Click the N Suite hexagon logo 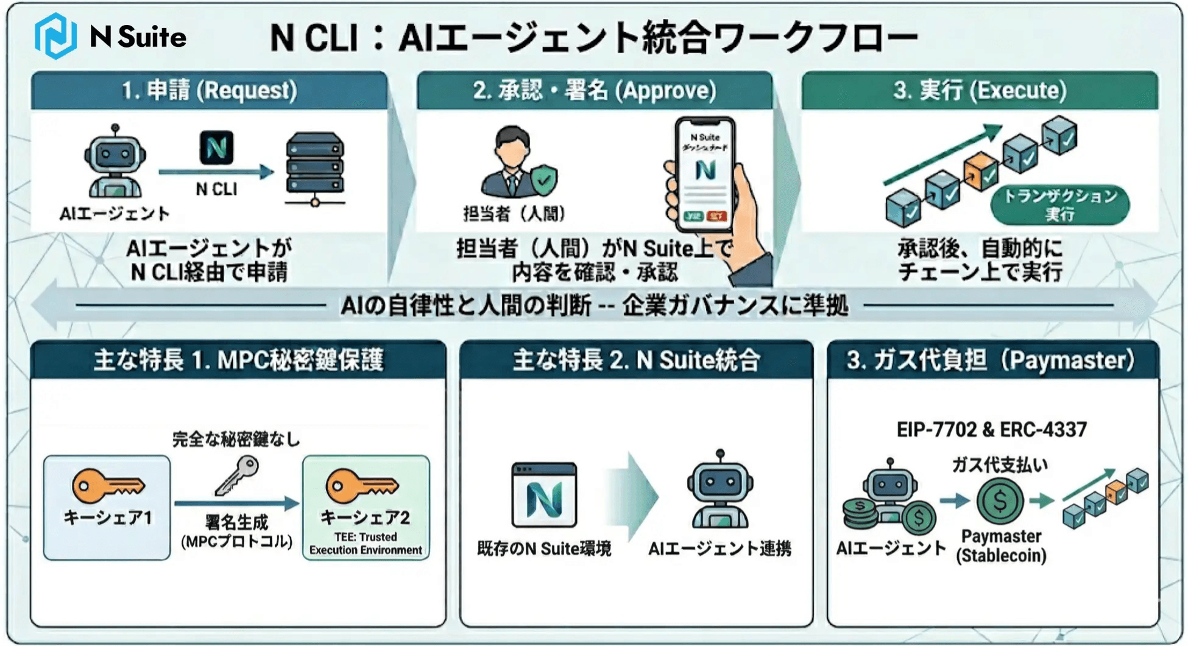(x=55, y=36)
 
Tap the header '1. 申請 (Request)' (x=209, y=91)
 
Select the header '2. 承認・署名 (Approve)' (x=594, y=91)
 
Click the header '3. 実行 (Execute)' (x=980, y=91)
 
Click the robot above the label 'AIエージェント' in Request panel (x=115, y=163)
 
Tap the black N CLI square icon (x=216, y=147)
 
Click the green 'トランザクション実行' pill (x=1060, y=205)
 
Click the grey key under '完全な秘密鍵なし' (x=238, y=474)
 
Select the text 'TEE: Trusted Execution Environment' (x=366, y=544)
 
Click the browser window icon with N (x=544, y=494)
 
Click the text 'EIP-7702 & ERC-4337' (x=991, y=430)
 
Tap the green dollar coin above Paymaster (x=1000, y=501)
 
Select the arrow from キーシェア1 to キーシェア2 (x=236, y=504)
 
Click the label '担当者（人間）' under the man (x=514, y=214)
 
